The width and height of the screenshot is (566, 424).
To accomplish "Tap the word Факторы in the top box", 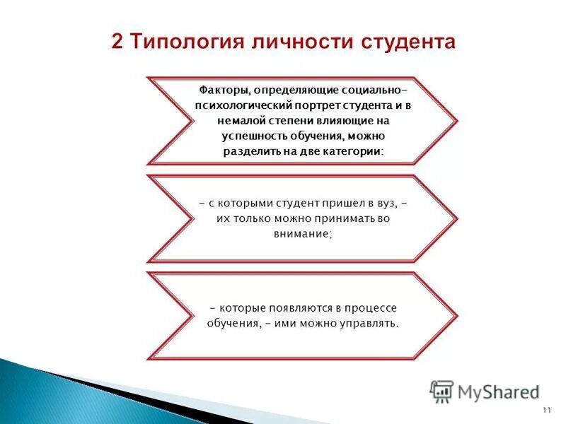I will click(x=221, y=90).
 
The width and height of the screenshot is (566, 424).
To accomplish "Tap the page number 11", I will click(x=546, y=411).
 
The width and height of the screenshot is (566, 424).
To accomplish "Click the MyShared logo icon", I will click(x=441, y=391).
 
